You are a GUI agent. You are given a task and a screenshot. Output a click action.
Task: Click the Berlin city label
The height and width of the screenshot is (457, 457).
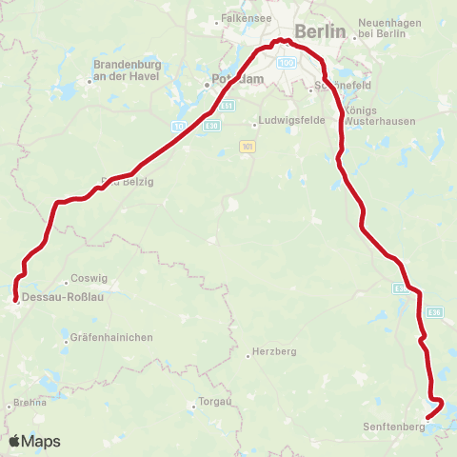coord(320,30)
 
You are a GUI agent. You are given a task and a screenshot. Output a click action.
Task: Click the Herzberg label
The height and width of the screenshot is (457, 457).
coord(275,351)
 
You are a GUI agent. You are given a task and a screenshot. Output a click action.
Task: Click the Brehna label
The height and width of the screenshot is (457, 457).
coord(30,403)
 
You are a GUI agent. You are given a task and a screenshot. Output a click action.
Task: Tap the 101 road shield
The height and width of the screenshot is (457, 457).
coord(247,146)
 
